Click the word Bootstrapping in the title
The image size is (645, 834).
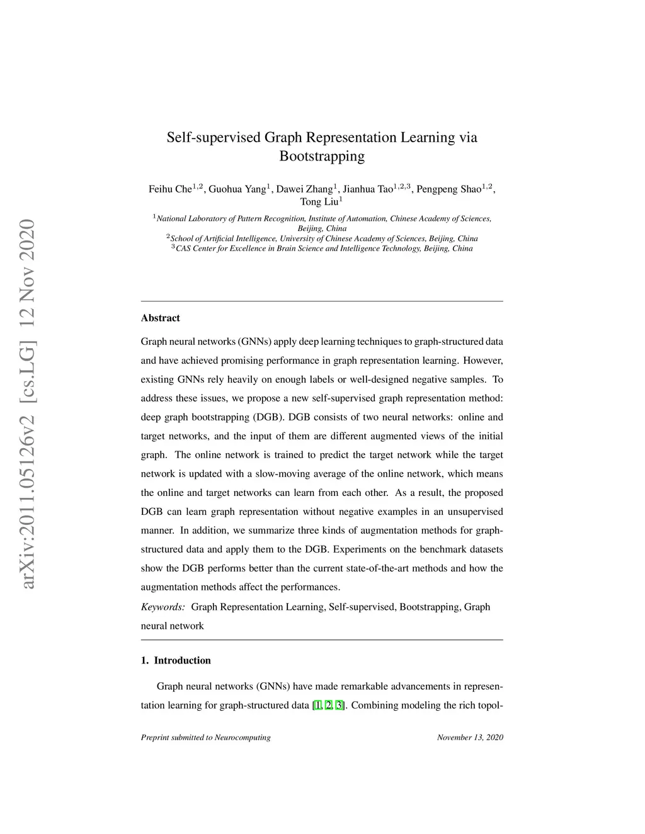[x=322, y=156]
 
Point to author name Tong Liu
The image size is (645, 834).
[x=319, y=202]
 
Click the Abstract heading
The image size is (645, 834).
[x=161, y=318]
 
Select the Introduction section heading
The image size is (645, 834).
[x=182, y=660]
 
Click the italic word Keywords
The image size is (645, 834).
[x=163, y=607]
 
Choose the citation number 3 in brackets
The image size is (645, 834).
[x=340, y=705]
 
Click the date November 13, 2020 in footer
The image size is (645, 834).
[x=470, y=737]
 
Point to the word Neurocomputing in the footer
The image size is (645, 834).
[x=243, y=737]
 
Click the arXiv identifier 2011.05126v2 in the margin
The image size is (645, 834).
[x=28, y=484]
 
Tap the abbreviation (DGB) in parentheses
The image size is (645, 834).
[x=267, y=417]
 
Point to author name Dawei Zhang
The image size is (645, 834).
[x=305, y=189]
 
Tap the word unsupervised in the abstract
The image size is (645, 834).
[x=475, y=512]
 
